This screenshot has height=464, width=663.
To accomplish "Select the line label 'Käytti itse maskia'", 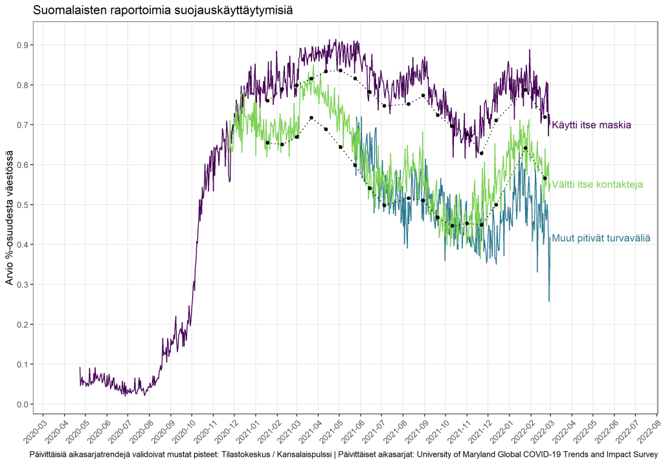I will pos(591,124).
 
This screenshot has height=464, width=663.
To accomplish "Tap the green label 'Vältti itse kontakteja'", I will pos(597,185).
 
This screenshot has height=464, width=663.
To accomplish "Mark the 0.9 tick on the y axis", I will pos(22,45).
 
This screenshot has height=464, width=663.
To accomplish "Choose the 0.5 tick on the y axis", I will pos(22,205).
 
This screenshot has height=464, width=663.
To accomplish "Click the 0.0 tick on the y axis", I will pos(22,404).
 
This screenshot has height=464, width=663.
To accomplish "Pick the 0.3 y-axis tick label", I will pos(22,284).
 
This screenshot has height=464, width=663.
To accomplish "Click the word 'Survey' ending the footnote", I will pos(645,455).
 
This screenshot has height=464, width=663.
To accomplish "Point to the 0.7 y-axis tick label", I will pos(22,124).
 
